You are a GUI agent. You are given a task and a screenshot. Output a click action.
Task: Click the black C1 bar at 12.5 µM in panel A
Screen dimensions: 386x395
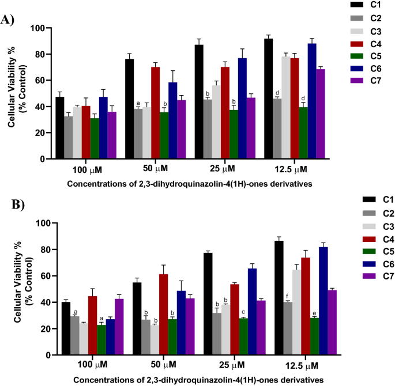tap(268, 99)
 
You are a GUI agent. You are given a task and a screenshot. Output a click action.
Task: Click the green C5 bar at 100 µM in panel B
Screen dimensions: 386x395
tap(102, 340)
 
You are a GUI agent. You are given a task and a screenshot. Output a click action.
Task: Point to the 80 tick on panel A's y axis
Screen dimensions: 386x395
tap(39, 54)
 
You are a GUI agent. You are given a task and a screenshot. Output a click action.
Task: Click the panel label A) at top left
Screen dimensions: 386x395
tap(8, 20)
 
